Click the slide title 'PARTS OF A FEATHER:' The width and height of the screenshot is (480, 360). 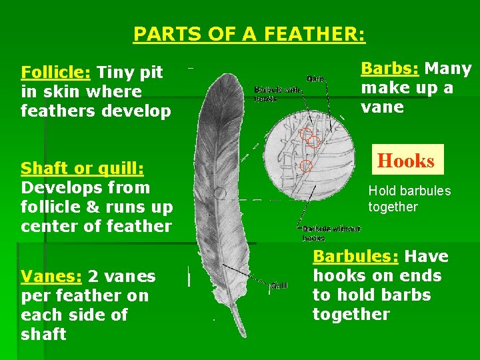click(249, 34)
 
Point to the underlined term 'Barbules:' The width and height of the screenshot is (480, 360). click(356, 257)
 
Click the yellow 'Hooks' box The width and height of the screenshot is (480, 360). click(406, 160)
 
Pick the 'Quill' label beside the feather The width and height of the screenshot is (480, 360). click(279, 285)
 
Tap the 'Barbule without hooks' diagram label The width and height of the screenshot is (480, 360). click(331, 233)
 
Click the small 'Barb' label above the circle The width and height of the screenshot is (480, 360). click(315, 79)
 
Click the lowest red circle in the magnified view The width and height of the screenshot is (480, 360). click(306, 165)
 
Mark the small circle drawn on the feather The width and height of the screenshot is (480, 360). click(219, 194)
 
